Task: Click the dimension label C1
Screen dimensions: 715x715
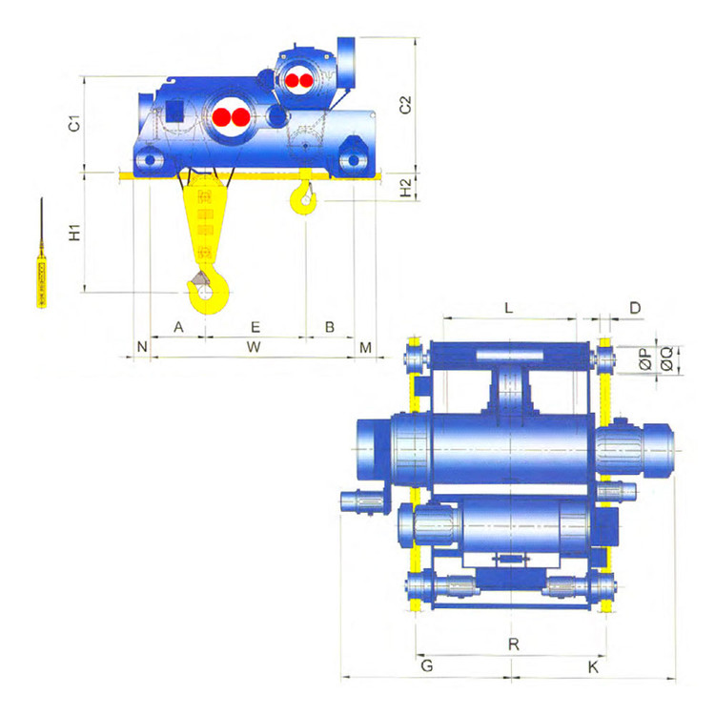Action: click(x=74, y=124)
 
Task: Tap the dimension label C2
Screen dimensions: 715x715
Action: click(x=405, y=105)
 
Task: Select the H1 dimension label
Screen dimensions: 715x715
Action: click(x=74, y=232)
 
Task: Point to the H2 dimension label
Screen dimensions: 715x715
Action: click(x=405, y=188)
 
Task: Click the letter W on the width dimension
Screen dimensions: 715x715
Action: click(x=254, y=347)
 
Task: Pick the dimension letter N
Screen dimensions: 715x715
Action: click(x=142, y=347)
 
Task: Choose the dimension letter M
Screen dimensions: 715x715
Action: click(x=366, y=348)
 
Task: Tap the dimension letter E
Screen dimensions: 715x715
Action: click(x=255, y=327)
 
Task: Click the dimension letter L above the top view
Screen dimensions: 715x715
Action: click(x=509, y=308)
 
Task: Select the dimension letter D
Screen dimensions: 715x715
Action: click(x=635, y=308)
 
